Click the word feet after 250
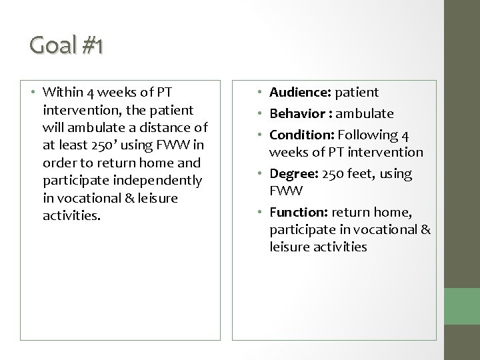(x=361, y=174)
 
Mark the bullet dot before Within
(x=32, y=92)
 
